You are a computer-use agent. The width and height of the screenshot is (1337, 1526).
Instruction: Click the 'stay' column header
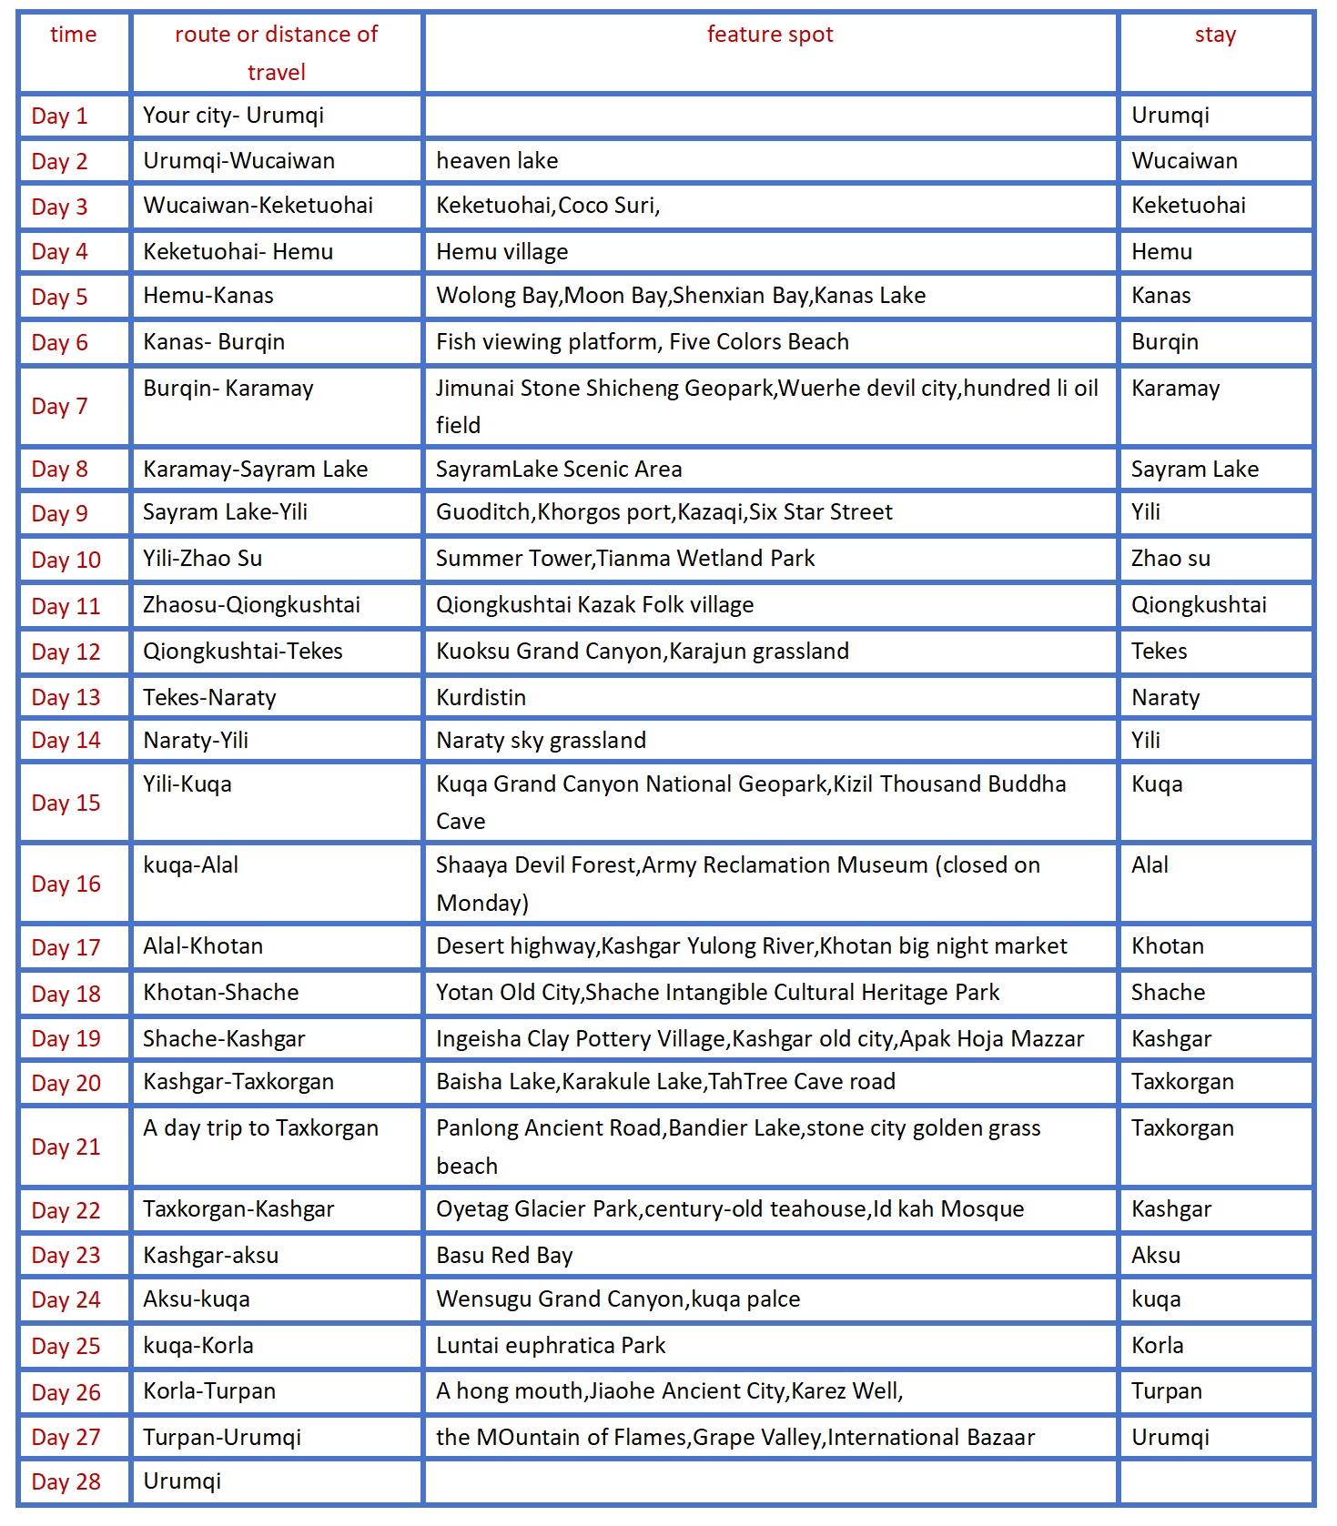coord(1215,35)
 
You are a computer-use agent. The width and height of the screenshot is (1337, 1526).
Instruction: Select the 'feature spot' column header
coord(770,35)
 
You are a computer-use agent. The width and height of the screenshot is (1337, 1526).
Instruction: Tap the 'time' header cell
coord(73,35)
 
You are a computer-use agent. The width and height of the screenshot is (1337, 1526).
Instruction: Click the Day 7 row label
coord(59,406)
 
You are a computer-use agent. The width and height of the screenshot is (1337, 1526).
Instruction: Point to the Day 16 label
coord(66,884)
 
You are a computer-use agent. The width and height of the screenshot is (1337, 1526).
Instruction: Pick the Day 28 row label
coord(66,1481)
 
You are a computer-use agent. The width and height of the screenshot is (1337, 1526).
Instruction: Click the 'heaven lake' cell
coord(497,161)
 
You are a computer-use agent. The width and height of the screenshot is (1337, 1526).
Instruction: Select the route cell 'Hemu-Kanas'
coord(208,296)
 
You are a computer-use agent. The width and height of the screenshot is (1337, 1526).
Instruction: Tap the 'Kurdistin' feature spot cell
coord(481,697)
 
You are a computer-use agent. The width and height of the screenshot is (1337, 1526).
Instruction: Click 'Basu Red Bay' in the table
coord(504,1255)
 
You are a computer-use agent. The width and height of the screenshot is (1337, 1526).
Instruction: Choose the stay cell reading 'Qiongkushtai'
coord(1199,605)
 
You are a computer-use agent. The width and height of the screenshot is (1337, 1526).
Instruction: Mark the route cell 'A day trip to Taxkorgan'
coord(260,1128)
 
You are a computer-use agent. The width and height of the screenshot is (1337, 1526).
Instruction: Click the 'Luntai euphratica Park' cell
coord(551,1345)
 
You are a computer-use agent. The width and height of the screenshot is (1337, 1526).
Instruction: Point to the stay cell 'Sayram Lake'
coord(1195,470)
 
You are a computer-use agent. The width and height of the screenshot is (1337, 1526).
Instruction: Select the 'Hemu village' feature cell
coord(501,252)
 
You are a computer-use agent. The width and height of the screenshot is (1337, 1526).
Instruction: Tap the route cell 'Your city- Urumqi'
coord(233,116)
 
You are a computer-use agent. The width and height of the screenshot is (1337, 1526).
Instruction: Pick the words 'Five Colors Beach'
coord(759,342)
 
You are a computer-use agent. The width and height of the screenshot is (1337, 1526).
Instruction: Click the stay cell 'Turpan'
coord(1167,1390)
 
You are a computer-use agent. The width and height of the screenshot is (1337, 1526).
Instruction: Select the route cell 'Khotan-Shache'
coord(220,992)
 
